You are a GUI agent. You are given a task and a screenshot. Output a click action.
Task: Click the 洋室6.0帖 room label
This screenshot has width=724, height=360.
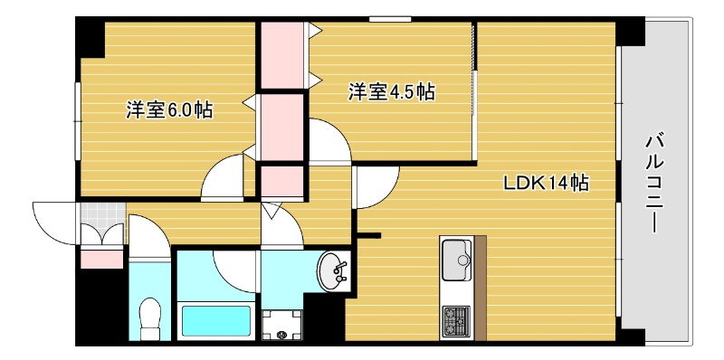(x=169, y=110)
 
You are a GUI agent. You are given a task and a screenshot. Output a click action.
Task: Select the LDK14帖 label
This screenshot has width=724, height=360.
(x=546, y=183)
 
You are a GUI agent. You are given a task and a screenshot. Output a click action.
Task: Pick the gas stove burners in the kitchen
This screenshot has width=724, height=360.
(x=454, y=318)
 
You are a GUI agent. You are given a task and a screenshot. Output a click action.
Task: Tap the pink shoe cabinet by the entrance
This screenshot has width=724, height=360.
(x=101, y=260)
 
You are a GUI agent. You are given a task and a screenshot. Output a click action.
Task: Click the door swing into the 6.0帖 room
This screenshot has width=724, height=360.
(x=222, y=178)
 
